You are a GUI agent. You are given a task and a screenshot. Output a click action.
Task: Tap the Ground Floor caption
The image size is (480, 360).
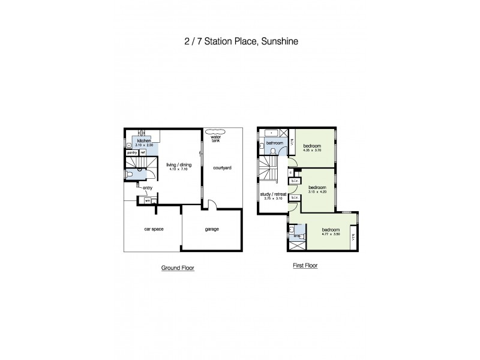pyautogui.click(x=178, y=268)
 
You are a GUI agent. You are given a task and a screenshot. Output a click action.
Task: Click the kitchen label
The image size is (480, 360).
pyautogui.click(x=143, y=141)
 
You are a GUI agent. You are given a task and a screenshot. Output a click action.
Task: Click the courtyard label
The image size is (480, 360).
pyautogui.click(x=223, y=168)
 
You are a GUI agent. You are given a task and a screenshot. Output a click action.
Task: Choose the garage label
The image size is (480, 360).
pyautogui.click(x=211, y=229)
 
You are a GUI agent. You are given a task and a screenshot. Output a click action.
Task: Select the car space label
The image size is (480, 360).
pyautogui.click(x=154, y=229)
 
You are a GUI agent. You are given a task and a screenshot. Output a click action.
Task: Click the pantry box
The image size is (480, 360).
pyautogui.click(x=132, y=152)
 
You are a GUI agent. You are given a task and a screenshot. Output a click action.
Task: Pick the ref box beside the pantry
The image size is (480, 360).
pyautogui.click(x=143, y=152)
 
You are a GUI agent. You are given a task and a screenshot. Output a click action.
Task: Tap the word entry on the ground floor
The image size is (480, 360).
pyautogui.click(x=148, y=188)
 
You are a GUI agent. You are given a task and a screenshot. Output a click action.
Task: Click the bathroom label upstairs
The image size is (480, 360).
pyautogui.click(x=275, y=143)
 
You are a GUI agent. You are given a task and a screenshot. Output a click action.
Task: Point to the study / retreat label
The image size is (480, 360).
pyautogui.click(x=272, y=194)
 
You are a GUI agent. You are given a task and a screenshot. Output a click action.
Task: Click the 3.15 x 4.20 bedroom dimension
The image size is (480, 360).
pyautogui.click(x=317, y=192)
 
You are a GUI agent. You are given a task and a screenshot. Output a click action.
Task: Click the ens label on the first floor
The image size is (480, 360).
pyautogui.click(x=296, y=236)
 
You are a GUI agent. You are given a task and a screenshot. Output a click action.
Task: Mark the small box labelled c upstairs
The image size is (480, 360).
pyautogui.click(x=290, y=173)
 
